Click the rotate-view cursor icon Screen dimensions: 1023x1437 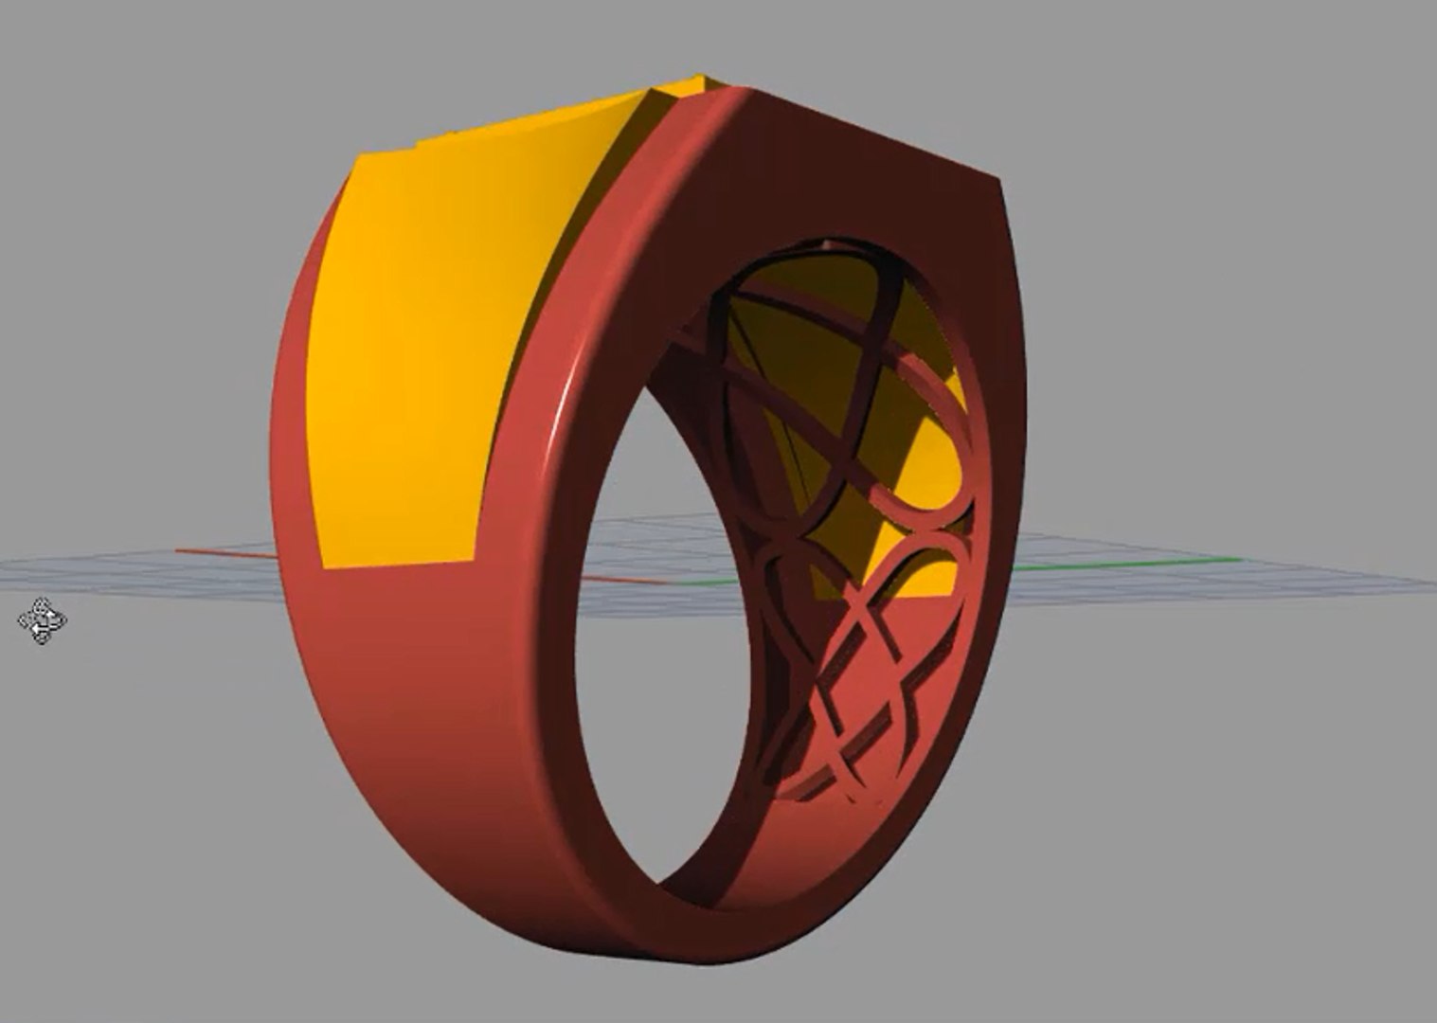pyautogui.click(x=42, y=620)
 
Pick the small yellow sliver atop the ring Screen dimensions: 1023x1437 pyautogui.click(x=691, y=85)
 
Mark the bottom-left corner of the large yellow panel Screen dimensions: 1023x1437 pyautogui.click(x=324, y=566)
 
